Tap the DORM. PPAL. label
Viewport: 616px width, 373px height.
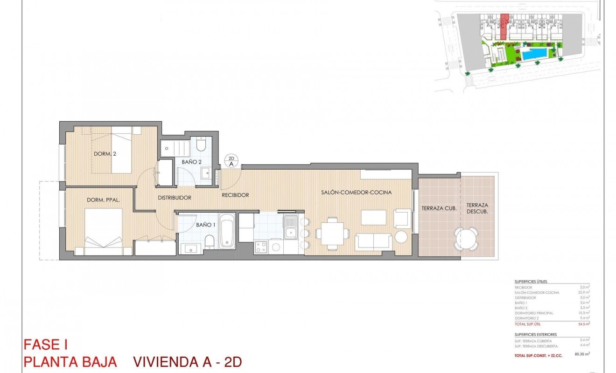(x=104, y=200)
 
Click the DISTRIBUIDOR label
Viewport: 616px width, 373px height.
(x=175, y=198)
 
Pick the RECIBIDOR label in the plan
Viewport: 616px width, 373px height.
(x=235, y=195)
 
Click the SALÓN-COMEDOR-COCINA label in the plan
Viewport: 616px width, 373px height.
(x=356, y=192)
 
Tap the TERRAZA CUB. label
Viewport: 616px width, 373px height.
(x=438, y=208)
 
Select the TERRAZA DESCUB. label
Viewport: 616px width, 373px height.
(x=477, y=208)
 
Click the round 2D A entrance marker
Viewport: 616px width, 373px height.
(x=231, y=161)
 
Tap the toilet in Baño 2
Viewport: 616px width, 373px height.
(x=201, y=144)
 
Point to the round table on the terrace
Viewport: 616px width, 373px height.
(x=466, y=238)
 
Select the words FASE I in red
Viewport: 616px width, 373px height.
(x=45, y=345)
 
